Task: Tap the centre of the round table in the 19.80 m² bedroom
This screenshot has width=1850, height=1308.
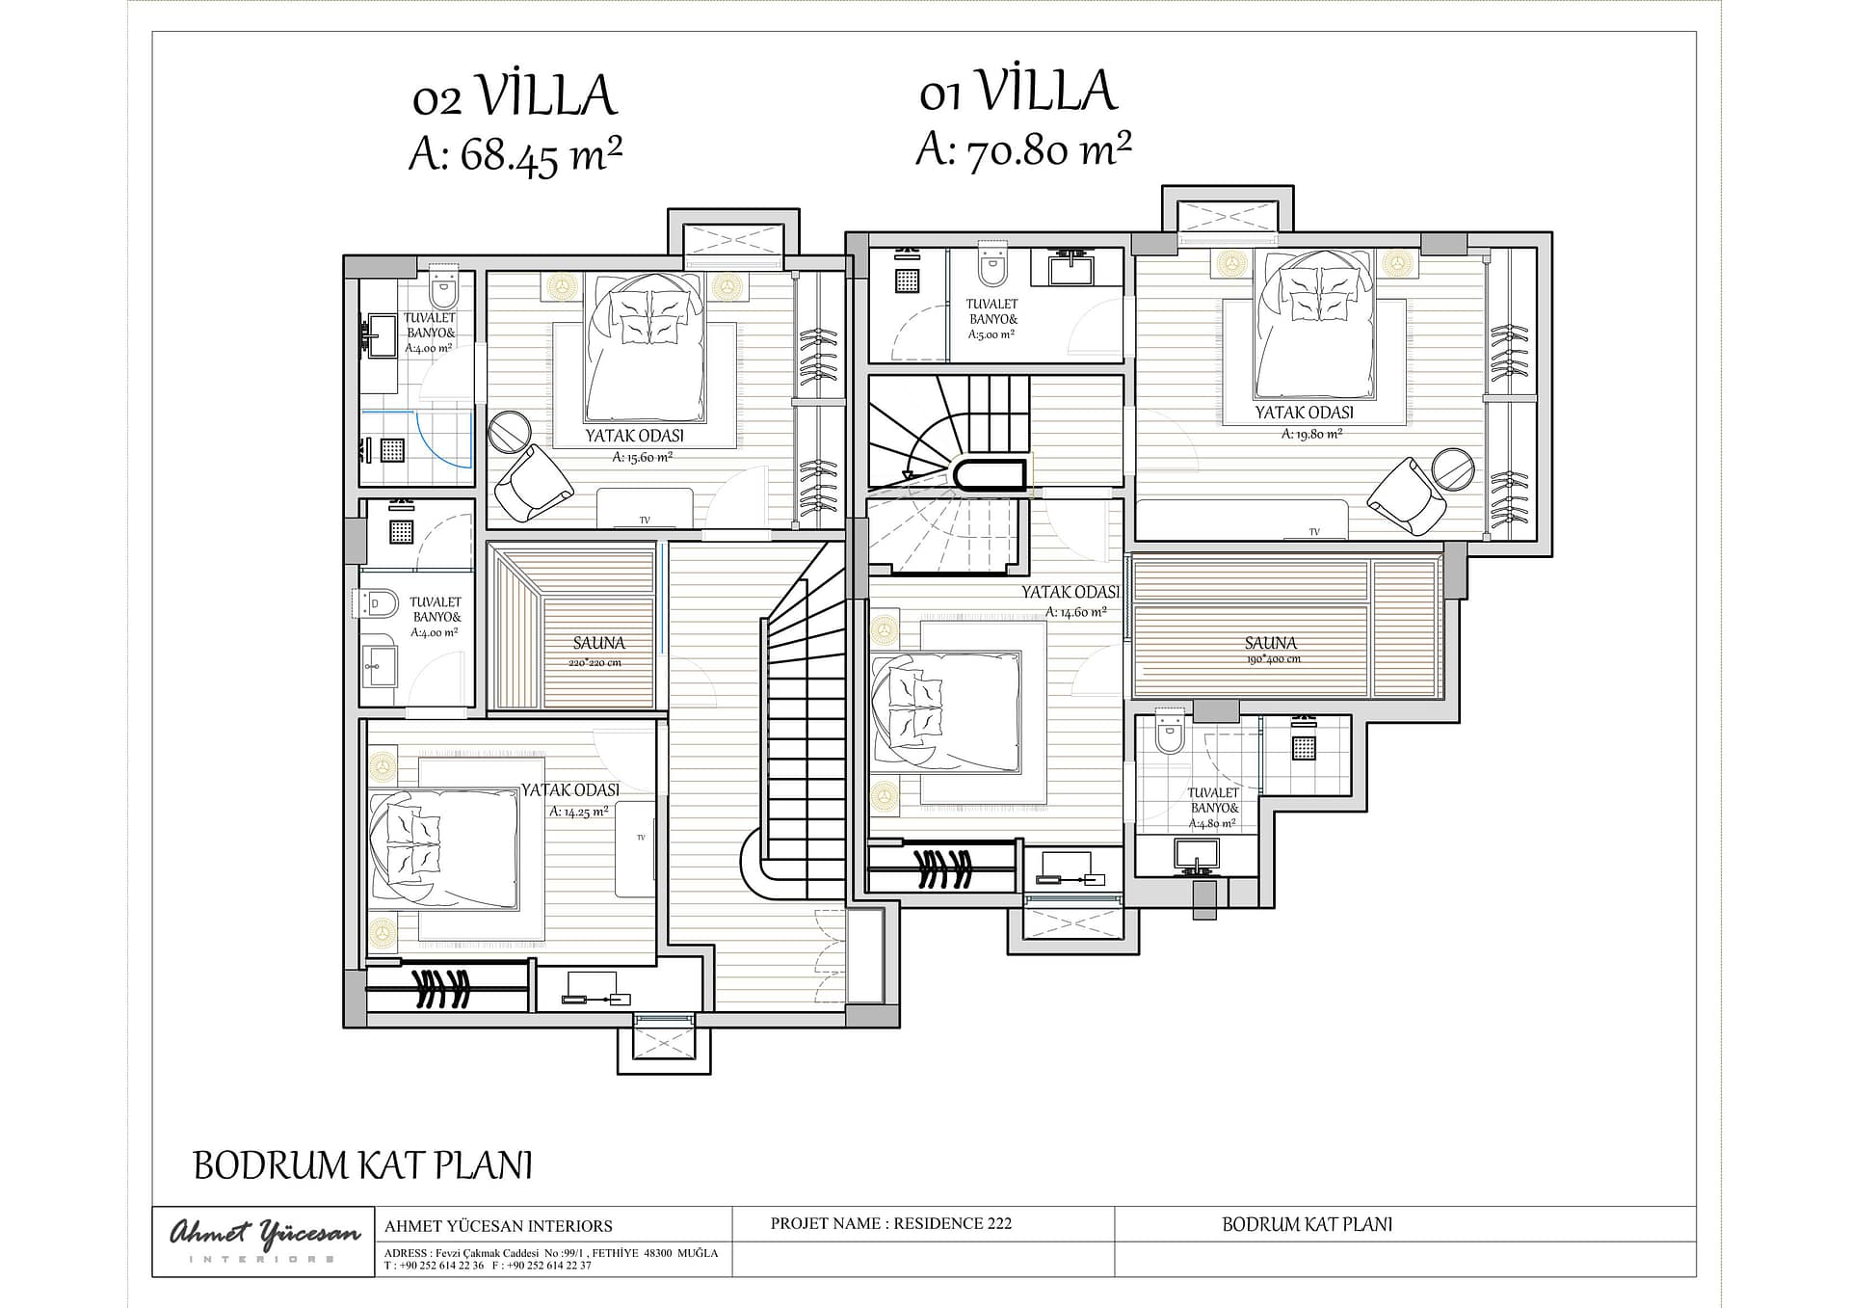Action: coord(1453,470)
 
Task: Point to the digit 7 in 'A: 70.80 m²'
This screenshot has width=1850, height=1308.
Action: coord(979,152)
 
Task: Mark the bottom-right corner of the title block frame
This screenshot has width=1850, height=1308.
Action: coord(1696,1277)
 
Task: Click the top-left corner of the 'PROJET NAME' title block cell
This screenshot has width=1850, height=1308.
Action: coord(731,1207)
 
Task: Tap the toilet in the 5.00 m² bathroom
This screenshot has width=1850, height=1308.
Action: coord(991,265)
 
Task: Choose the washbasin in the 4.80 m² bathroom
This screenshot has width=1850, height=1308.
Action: coord(1196,854)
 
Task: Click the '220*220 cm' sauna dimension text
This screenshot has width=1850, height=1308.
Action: coord(595,663)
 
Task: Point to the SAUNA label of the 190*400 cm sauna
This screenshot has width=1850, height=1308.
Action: coord(1271,643)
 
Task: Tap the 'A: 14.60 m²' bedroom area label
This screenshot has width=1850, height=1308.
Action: coord(1075,612)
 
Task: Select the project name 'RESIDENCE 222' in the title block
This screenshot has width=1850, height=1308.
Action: coord(953,1224)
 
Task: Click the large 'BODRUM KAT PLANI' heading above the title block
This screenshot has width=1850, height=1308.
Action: coord(363,1165)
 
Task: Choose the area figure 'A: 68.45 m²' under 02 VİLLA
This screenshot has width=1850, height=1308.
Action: coord(515,155)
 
